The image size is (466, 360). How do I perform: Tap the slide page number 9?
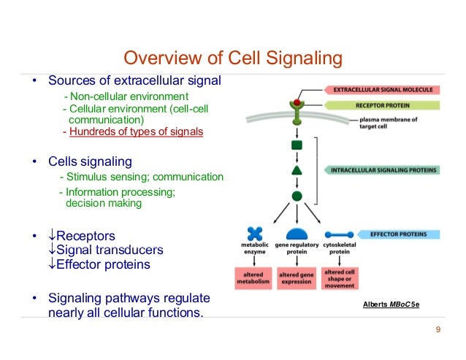(438, 331)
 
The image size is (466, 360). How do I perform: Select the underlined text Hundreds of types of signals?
(136, 132)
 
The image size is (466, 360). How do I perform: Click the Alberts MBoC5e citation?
(391, 303)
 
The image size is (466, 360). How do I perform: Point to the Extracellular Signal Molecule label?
(383, 90)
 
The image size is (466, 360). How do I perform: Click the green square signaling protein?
(297, 145)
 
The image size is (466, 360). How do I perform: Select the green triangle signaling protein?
(297, 170)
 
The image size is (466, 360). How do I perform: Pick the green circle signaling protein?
(297, 196)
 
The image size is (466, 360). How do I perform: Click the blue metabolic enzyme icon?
(255, 234)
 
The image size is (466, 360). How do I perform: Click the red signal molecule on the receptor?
(297, 102)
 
